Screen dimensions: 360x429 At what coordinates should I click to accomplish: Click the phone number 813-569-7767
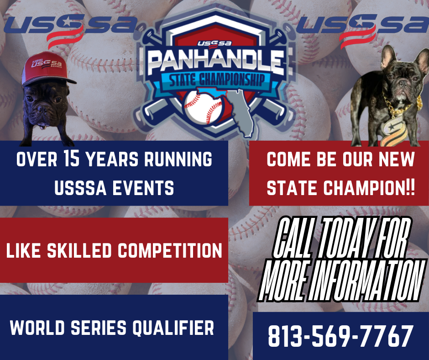tap(340, 336)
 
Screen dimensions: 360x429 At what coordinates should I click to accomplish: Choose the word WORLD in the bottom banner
tap(37, 328)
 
